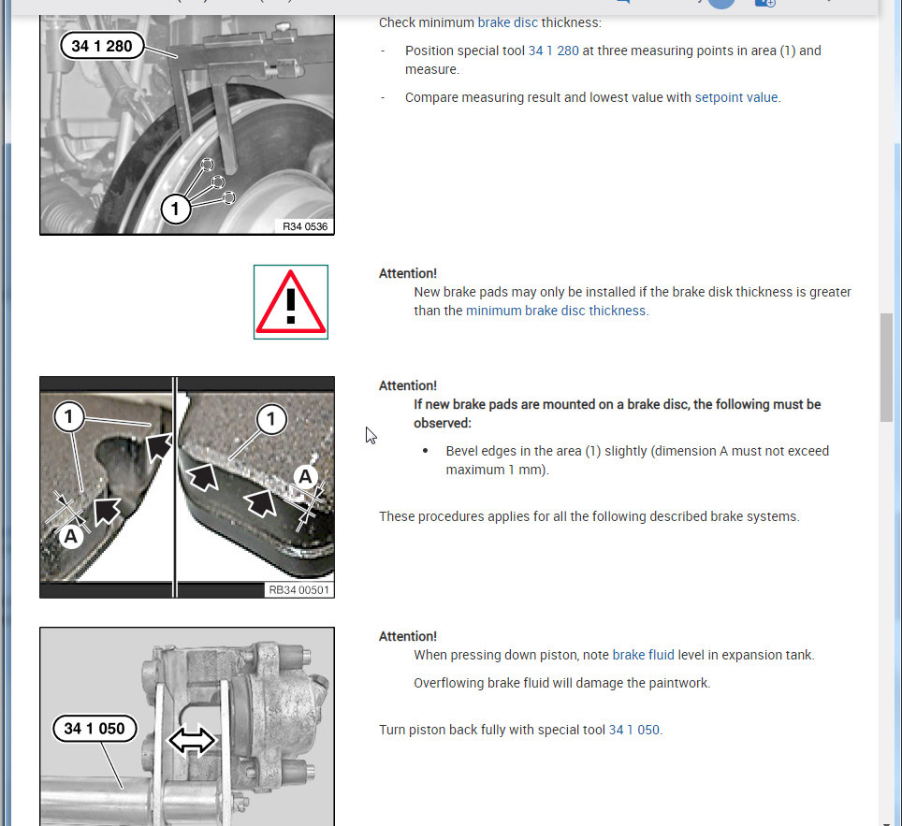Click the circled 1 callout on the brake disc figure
[x=175, y=210]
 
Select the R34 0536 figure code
[x=305, y=226]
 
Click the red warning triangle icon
[x=291, y=302]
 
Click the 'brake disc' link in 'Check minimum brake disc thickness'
[x=507, y=22]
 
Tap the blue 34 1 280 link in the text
[x=553, y=51]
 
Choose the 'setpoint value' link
[x=735, y=97]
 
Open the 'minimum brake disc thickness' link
[x=556, y=311]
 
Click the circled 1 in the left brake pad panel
[x=69, y=417]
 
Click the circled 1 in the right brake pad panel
[x=271, y=419]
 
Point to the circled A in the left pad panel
[x=70, y=536]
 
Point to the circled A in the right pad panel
[x=305, y=477]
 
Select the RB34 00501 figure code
[x=298, y=589]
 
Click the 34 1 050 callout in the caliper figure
[x=94, y=728]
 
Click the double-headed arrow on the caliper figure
[x=191, y=741]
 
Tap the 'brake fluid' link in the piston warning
[x=643, y=655]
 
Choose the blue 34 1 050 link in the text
[x=633, y=730]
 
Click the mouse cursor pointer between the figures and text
[x=370, y=435]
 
